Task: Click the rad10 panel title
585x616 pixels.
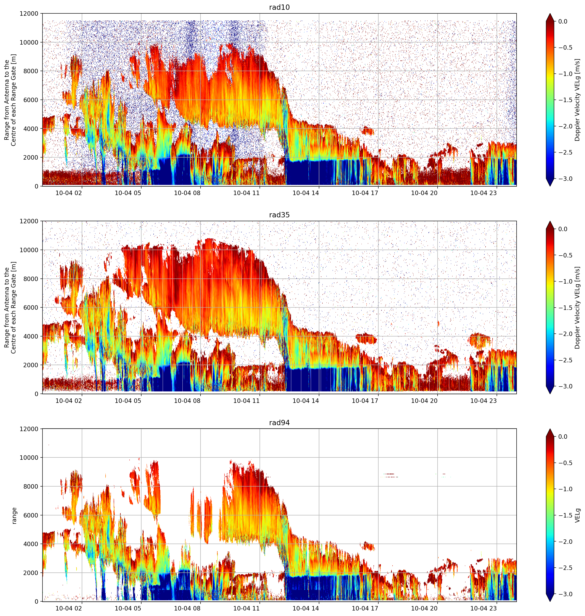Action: coord(279,7)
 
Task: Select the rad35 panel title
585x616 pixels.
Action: coord(279,215)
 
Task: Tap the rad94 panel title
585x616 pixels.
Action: coord(279,422)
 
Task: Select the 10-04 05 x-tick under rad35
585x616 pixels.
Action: coord(128,400)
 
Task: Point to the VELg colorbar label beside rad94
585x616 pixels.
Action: coord(578,515)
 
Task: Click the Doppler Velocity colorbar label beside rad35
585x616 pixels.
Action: coord(578,308)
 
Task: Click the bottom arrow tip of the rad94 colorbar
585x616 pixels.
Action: coord(550,601)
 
